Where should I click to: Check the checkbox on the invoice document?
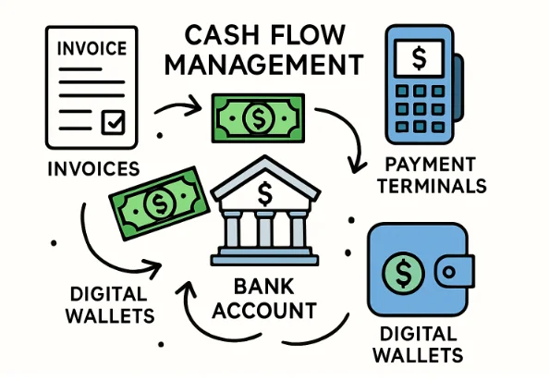click(114, 120)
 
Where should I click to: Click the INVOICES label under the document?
click(90, 169)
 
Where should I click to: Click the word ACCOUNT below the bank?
click(266, 310)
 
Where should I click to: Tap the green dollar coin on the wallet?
click(404, 274)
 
